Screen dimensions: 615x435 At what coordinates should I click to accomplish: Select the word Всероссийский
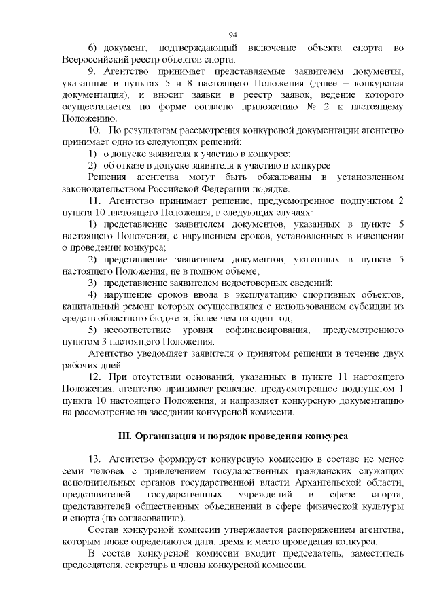(x=91, y=59)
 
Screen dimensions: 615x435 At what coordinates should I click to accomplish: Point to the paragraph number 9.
(x=92, y=71)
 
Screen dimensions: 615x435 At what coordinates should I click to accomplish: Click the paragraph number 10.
(x=95, y=130)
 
